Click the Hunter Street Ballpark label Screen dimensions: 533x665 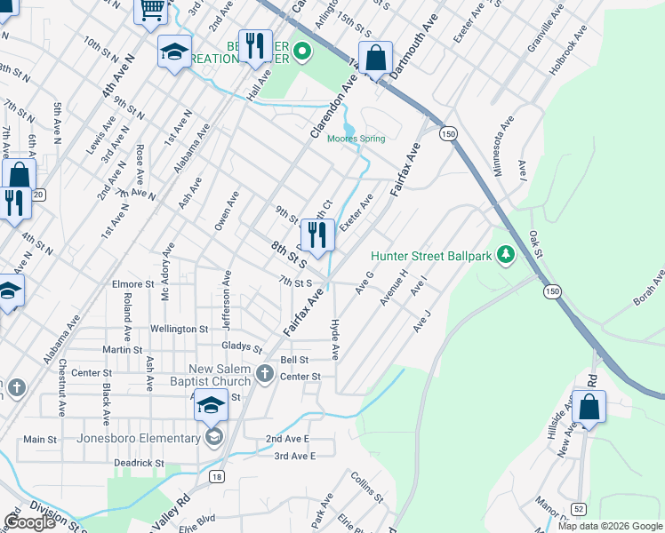[x=432, y=255]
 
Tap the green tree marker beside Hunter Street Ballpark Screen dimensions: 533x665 [x=506, y=255]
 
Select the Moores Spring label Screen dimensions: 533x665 [x=357, y=139]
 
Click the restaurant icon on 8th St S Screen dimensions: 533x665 [x=317, y=235]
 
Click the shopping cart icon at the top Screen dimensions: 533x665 [x=151, y=9]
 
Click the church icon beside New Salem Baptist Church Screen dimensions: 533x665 [x=264, y=374]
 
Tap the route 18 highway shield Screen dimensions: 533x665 [x=216, y=477]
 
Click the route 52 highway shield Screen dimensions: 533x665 [x=580, y=507]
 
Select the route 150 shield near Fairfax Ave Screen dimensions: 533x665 [x=449, y=133]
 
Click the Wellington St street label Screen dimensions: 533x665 [x=179, y=329]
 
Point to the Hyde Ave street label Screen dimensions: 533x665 [x=335, y=339]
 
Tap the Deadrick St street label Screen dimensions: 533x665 [x=139, y=463]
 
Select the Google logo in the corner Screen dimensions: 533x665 [x=30, y=522]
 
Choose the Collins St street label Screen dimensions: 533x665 [x=366, y=486]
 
